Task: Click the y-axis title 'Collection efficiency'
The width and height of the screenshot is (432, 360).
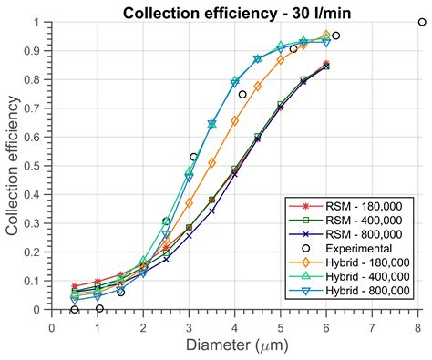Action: click(x=15, y=164)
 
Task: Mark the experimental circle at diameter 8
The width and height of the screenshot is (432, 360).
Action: click(x=421, y=23)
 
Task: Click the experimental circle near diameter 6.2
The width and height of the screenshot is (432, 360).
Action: click(x=335, y=36)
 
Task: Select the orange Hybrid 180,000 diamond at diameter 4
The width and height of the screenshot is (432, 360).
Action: click(x=235, y=120)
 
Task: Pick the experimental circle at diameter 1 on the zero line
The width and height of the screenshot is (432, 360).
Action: click(x=98, y=309)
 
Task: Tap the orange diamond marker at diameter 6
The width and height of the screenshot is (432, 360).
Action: click(x=326, y=36)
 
